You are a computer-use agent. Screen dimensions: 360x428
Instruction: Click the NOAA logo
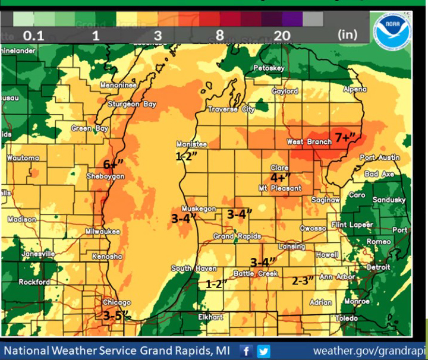392,27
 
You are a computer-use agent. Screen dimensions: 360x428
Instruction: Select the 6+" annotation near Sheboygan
112,165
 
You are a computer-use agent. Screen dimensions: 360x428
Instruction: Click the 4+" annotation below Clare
280,178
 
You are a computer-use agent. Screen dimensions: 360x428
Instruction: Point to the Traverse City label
231,109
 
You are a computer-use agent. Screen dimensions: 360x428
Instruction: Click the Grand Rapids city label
237,236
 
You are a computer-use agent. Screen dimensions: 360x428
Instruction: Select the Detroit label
378,267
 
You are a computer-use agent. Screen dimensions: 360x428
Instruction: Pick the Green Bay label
90,128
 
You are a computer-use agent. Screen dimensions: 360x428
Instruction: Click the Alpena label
355,89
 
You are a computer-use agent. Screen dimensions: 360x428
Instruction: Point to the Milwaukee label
102,231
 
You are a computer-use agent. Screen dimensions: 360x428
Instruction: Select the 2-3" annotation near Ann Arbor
303,281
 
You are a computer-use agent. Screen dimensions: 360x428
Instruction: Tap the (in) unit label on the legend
347,34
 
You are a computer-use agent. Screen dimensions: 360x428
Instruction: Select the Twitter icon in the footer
263,351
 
